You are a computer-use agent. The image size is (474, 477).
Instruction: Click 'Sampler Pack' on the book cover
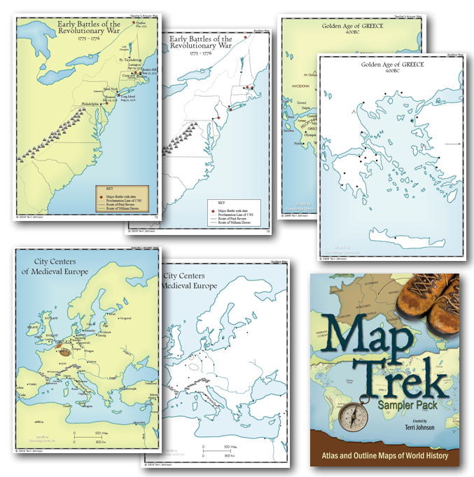click(x=414, y=408)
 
